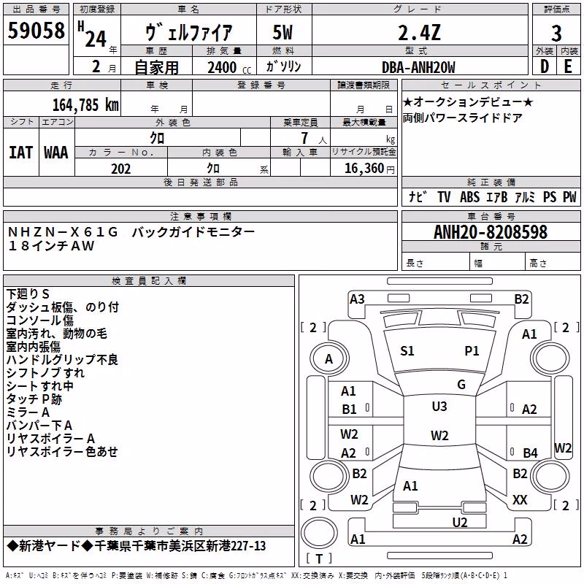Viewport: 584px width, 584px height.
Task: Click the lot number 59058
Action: tap(36, 31)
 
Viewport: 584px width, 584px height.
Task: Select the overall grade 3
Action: tap(556, 34)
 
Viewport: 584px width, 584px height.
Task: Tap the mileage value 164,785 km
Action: tap(85, 105)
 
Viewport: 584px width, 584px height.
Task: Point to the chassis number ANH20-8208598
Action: tap(491, 232)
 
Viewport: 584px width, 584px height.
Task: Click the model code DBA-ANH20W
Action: tap(418, 67)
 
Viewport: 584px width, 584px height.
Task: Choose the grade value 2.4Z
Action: tap(419, 33)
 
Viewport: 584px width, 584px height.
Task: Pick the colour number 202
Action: tap(120, 169)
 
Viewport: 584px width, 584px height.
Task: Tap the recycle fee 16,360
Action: tap(364, 169)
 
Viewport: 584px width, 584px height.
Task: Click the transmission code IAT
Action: tap(21, 153)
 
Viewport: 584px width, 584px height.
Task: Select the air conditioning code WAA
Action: tap(56, 153)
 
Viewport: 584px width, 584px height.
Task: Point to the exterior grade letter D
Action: tap(545, 66)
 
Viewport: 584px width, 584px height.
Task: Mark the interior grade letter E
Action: tap(568, 66)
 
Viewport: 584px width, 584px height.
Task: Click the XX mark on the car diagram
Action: tap(520, 500)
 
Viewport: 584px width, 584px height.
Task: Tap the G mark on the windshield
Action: tap(461, 384)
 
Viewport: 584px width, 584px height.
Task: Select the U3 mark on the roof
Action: tap(439, 406)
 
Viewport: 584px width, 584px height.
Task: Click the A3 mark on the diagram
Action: tap(357, 299)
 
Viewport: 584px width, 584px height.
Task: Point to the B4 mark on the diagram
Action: tap(530, 453)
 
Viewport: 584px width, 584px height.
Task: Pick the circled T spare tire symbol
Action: tap(319, 533)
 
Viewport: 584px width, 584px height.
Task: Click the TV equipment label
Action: tap(444, 196)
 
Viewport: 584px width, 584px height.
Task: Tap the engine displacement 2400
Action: tap(222, 67)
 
